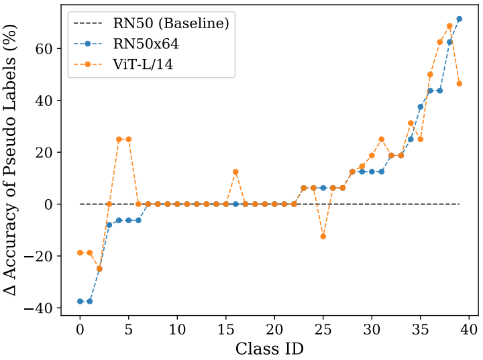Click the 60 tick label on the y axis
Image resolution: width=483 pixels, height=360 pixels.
click(x=44, y=49)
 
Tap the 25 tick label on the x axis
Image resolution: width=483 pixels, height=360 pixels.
click(x=323, y=330)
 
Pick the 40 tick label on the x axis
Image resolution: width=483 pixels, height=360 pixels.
click(x=469, y=330)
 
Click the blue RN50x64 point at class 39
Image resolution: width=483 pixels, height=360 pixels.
click(x=460, y=19)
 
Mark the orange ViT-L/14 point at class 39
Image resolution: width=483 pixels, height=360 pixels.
click(x=460, y=84)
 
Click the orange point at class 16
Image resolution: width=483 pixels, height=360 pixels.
click(x=235, y=172)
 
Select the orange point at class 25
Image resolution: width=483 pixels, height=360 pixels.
click(x=323, y=236)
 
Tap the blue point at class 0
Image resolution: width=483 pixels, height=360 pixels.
click(x=80, y=301)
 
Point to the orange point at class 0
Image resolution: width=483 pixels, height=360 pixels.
click(x=80, y=253)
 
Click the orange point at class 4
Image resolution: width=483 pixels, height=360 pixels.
click(x=119, y=139)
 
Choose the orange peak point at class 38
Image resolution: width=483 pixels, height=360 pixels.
click(x=449, y=26)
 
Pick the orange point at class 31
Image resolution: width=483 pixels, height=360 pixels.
click(x=382, y=139)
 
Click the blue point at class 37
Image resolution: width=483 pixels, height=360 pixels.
click(x=440, y=91)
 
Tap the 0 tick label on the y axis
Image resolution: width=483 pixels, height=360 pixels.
click(x=48, y=204)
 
